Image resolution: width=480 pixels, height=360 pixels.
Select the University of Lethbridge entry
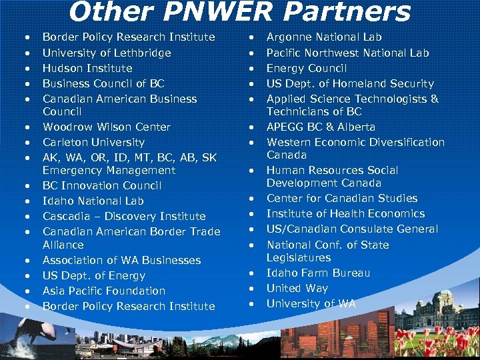tap(107, 53)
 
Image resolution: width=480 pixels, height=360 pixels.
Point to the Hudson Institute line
tap(87, 68)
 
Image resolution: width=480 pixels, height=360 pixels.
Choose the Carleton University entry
tap(93, 142)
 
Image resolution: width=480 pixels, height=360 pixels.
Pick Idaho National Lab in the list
tap(93, 201)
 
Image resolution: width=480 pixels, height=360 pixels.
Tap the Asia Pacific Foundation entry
tap(104, 291)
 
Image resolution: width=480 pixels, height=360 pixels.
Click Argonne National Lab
tap(324, 37)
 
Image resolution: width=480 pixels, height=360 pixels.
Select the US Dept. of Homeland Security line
tap(350, 83)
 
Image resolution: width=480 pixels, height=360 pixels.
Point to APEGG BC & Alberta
tap(321, 127)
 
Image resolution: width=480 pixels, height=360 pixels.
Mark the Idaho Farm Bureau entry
tap(318, 273)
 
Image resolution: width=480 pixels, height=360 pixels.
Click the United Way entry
tap(297, 288)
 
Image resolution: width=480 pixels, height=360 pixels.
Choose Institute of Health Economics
tap(345, 213)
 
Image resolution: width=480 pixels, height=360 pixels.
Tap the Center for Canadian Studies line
tap(342, 198)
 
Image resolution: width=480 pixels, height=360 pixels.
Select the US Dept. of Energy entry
tap(93, 275)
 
